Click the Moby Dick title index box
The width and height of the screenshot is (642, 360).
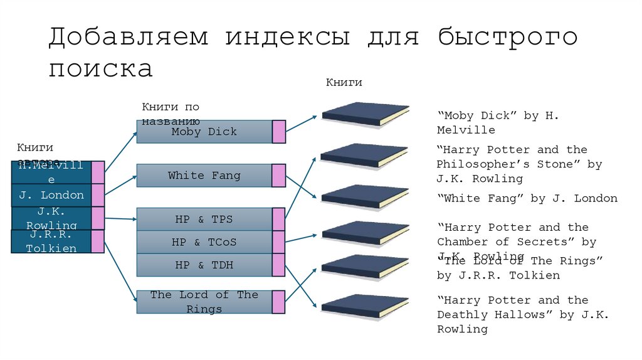(204, 132)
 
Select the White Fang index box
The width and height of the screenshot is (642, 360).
(204, 176)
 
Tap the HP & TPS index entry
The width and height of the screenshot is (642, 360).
(204, 220)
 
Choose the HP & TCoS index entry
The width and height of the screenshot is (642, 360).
(204, 242)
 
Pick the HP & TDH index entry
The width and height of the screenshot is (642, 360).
(204, 265)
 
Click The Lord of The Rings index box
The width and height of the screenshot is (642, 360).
(204, 302)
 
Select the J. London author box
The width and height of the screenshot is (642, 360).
(51, 195)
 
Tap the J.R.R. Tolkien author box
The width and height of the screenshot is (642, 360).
(51, 241)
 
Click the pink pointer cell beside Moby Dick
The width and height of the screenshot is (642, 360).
(279, 132)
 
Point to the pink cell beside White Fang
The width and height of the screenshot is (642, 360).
(279, 176)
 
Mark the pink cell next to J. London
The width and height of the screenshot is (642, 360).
(98, 195)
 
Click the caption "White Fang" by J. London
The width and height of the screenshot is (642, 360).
(527, 199)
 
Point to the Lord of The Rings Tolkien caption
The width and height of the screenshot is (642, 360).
(520, 268)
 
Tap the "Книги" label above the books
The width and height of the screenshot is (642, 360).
(344, 83)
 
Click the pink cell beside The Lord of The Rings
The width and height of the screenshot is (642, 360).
(279, 302)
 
